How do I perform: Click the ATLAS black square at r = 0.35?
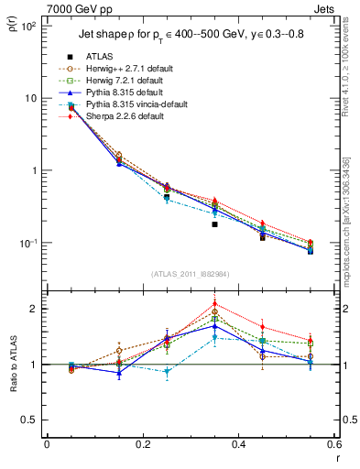click(214, 224)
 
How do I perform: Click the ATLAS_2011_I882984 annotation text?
click(191, 275)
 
